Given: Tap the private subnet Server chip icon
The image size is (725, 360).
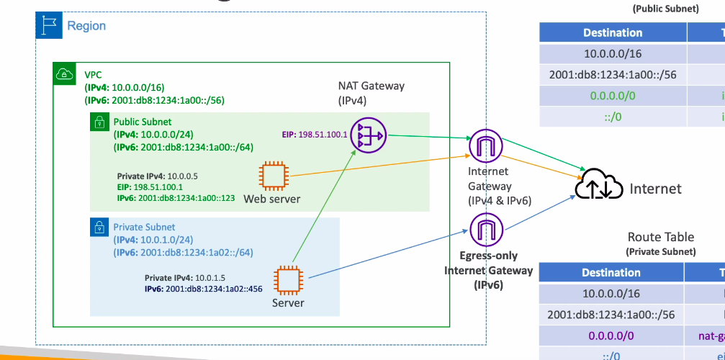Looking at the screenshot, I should pos(289,281).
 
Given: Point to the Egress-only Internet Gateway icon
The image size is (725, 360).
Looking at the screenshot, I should pos(485,230).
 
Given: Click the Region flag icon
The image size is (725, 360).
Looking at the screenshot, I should pos(49,26).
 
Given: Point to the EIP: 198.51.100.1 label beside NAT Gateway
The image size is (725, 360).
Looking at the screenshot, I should pos(315,134).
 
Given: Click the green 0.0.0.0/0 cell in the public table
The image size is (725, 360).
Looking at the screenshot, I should pos(613,96).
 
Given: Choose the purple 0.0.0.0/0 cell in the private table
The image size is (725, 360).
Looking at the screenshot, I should pos(613,336).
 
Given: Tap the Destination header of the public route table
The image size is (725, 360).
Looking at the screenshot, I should pos(613,33).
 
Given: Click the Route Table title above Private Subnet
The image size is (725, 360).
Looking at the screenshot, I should pos(660,237).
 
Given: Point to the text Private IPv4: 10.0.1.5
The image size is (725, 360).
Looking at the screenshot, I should pos(185,277).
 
